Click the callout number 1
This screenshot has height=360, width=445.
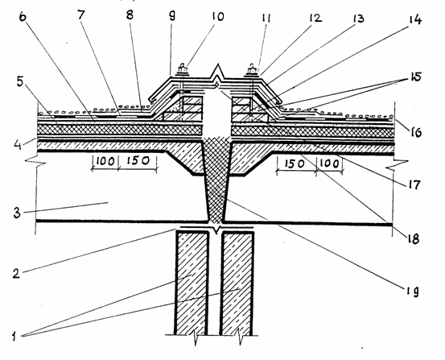(14, 337)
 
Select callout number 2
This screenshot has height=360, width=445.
(17, 273)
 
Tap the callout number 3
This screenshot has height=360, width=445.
(17, 212)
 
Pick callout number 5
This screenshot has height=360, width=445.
(19, 82)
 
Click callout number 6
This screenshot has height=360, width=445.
(23, 17)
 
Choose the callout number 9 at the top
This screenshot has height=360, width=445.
(171, 16)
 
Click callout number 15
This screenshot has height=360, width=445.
(414, 77)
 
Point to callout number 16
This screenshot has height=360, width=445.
(414, 132)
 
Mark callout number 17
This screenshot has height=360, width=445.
(414, 184)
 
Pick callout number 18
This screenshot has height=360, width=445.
(413, 238)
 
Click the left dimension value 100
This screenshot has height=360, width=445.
(105, 161)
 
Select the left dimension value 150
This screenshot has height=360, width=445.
(138, 161)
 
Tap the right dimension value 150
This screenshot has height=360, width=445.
(294, 163)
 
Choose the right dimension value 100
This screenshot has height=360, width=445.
(330, 163)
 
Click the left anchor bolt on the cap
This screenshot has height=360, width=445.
(183, 69)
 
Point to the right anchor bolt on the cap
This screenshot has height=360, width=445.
(252, 69)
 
